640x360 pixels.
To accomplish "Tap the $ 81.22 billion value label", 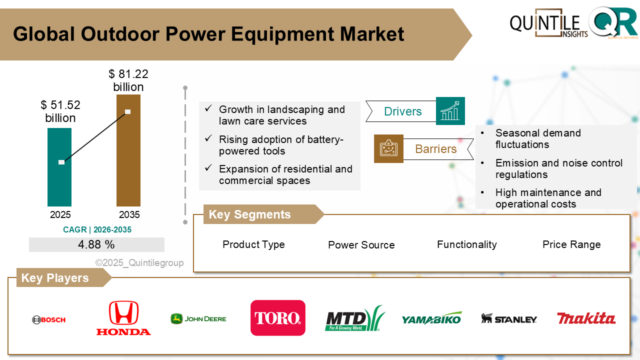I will coord(128,80).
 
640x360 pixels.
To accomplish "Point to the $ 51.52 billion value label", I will coord(60,111).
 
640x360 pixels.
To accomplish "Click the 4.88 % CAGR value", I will coord(96,245).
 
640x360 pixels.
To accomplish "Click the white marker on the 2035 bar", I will coord(127,111).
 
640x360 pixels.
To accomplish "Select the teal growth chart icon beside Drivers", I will coord(450,111).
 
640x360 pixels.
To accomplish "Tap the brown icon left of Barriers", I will coord(388,148).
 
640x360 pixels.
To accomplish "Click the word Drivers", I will coord(402,111).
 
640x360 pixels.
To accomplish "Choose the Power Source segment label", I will coord(361,245).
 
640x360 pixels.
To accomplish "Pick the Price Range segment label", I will coord(571,244).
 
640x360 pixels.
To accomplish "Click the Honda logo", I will coord(123,318).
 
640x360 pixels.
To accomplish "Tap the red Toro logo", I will coord(277,318).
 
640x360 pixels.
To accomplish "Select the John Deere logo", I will coord(198,318).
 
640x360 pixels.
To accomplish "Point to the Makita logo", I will coord(586,318).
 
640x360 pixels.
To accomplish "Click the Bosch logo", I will coord(48,319).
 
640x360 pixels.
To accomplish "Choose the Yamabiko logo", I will coord(431,318).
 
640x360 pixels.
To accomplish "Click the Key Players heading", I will coord(55,278).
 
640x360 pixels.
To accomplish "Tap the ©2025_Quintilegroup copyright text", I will coord(139,263).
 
